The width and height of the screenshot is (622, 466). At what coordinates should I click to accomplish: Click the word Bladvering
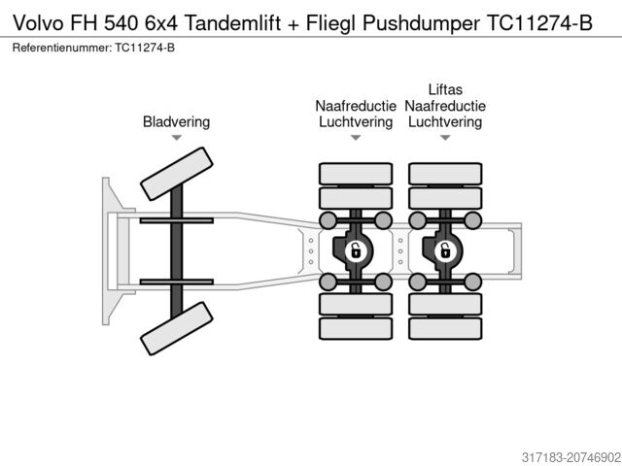[176, 122]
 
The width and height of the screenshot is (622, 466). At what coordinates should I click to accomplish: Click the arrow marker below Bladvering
[176, 139]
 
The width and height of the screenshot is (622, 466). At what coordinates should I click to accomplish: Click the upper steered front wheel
[176, 176]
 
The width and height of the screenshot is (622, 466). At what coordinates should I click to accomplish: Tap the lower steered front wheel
[176, 327]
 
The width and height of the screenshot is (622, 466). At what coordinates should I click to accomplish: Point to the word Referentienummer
[59, 48]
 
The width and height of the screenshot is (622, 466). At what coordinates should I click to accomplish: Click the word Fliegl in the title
[337, 23]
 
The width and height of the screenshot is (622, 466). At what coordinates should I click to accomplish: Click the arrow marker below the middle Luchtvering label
[356, 139]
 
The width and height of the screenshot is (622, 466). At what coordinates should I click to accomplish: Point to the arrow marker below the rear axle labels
[444, 139]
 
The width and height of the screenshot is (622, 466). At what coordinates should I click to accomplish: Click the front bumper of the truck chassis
[105, 250]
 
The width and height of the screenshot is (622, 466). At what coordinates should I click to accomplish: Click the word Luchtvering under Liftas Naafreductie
[444, 122]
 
